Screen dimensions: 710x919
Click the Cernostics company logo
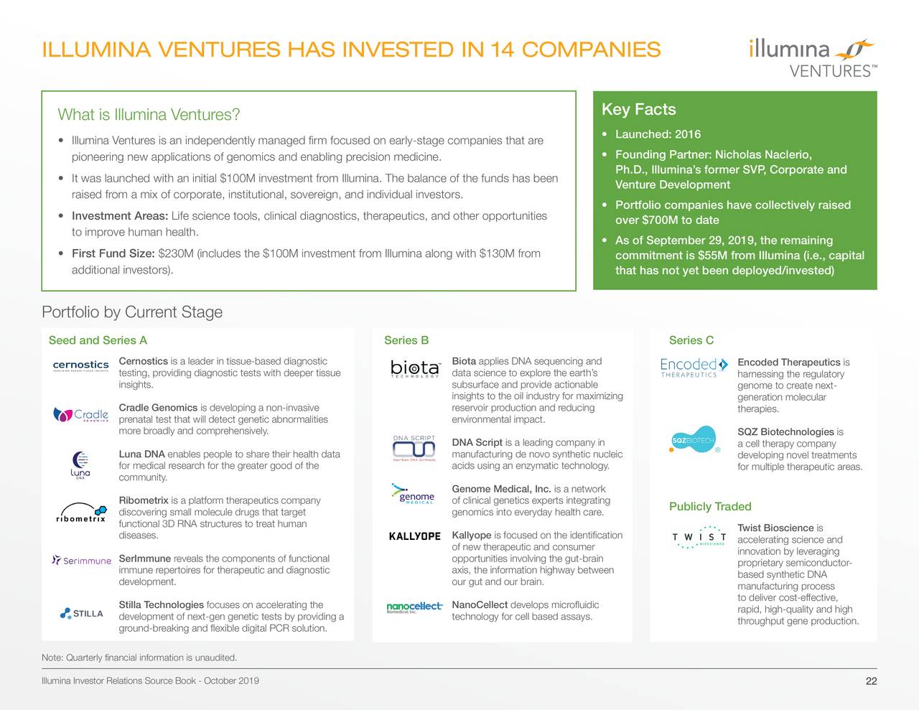[x=81, y=367]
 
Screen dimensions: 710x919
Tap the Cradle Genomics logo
[x=81, y=415]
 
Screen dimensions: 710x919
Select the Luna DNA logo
[x=80, y=465]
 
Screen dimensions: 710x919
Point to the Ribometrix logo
[x=80, y=518]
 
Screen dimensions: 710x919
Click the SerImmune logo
[x=82, y=561]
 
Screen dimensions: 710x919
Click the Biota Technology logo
[x=415, y=368]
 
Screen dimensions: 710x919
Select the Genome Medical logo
[x=413, y=495]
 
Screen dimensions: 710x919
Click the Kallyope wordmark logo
[x=414, y=536]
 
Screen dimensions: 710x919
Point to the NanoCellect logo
[x=414, y=607]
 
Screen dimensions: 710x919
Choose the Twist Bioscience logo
[x=699, y=538]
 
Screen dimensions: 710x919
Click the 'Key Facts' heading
[x=638, y=110]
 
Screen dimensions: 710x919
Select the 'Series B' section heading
[x=406, y=340]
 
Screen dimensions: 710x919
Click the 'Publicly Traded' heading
[x=709, y=507]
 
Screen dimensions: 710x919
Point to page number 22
[x=871, y=681]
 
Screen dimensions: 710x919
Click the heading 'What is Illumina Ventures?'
[x=149, y=115]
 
